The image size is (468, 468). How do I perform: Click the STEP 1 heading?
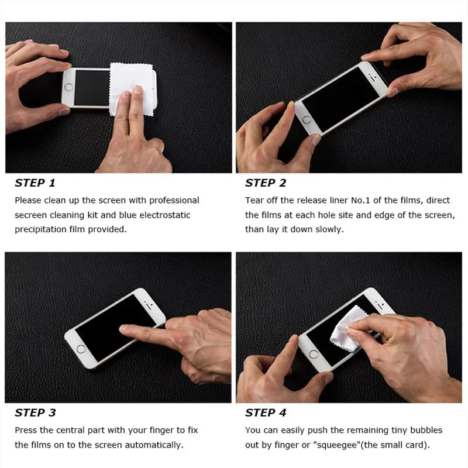(35, 183)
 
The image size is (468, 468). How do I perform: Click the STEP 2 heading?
(266, 183)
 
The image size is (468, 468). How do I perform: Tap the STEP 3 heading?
(35, 413)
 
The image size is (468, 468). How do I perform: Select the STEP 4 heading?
(266, 413)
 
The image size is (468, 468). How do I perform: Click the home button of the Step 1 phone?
(68, 87)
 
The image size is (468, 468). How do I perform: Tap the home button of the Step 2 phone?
(307, 120)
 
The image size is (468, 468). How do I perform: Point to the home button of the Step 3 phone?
(81, 349)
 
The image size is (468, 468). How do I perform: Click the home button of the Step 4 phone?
(314, 355)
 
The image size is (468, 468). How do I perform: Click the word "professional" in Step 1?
(174, 201)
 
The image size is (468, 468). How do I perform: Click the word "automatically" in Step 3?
(154, 445)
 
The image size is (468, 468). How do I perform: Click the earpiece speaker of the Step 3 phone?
(149, 305)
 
